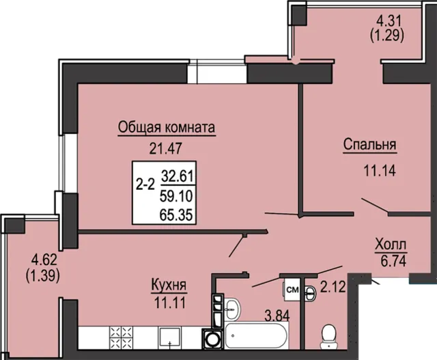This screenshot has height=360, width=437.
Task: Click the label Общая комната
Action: coord(167,128)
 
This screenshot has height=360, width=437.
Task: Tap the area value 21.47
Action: coord(165,148)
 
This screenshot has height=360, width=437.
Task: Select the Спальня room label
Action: coord(369,145)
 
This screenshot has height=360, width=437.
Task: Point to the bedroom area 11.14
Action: coord(380,170)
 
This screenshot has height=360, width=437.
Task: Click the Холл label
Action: coord(391,245)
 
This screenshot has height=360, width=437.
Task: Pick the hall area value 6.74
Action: coord(393,260)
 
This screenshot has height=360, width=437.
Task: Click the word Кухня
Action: coord(169,286)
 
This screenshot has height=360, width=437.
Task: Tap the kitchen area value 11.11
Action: coord(170,303)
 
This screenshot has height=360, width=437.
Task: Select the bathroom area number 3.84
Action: coord(277,316)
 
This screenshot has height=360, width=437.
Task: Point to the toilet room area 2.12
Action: coord(333,287)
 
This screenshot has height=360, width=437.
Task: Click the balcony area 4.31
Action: coord(389,20)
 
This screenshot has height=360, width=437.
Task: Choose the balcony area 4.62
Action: coord(44,260)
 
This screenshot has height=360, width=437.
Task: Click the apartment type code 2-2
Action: coord(145,184)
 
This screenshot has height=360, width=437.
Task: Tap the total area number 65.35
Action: coord(176,215)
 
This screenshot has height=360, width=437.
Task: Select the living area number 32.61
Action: coord(178,176)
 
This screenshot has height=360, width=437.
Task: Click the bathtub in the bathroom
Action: coord(256,335)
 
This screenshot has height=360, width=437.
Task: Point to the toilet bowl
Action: coord(329,336)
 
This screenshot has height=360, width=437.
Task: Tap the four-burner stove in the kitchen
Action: coord(122,337)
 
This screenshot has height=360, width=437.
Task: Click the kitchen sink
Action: coord(169,337)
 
